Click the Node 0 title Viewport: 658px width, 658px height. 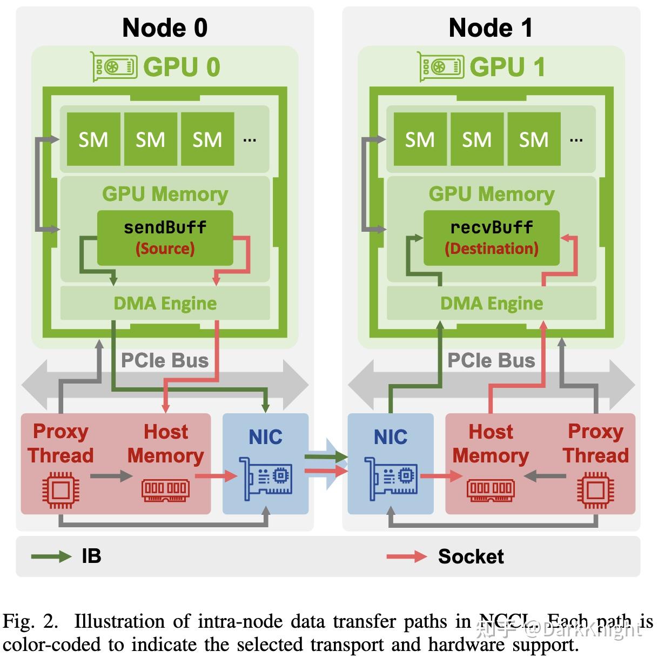pos(165,28)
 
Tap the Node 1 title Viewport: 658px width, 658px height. pos(491,28)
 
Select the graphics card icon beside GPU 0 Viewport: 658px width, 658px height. pos(113,67)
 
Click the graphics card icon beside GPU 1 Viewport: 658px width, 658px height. pos(441,67)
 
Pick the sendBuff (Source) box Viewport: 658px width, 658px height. pos(165,238)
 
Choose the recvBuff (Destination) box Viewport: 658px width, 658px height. pos(491,238)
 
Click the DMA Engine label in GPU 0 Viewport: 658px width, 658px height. pos(165,304)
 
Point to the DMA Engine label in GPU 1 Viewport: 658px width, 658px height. pos(491,304)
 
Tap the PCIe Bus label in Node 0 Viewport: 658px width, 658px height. pos(165,360)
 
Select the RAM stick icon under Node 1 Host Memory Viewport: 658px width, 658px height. pos(491,489)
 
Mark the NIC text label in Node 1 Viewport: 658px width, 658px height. pos(391,437)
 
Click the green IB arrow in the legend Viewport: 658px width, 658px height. pos(51,556)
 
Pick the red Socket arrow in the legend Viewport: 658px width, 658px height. pos(406,556)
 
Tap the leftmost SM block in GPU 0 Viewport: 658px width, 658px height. pos(93,139)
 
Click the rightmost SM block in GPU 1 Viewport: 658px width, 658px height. pos(533,139)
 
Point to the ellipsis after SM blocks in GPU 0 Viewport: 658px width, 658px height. pos(250,140)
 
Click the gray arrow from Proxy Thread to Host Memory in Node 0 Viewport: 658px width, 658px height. pos(111,476)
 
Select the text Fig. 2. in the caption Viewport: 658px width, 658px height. pos(30,621)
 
